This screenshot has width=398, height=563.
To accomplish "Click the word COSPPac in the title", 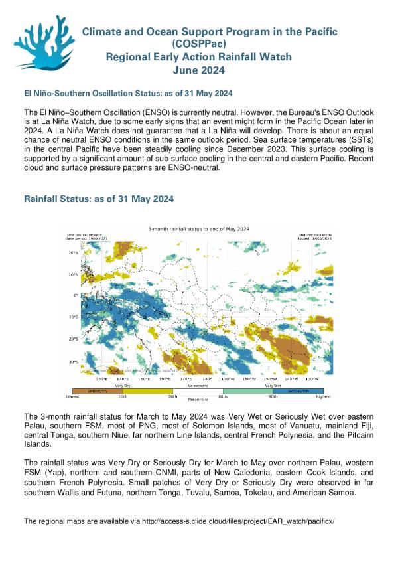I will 200,44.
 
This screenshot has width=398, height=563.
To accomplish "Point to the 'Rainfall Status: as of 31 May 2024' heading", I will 99,199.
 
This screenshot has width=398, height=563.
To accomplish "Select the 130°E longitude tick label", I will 101,378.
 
